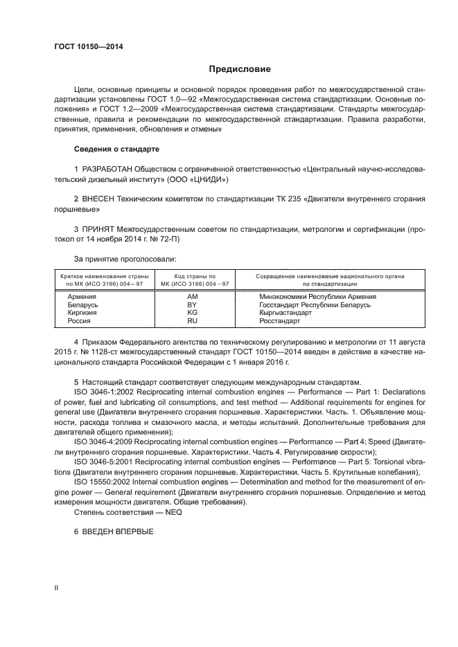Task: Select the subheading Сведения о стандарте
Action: coord(116,149)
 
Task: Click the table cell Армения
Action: coord(82,296)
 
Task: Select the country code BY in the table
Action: coord(193,304)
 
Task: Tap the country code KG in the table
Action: coord(193,313)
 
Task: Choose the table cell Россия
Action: coord(80,321)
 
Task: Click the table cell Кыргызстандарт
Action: coord(285,313)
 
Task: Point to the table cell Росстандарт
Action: coord(280,321)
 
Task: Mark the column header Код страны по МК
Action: coord(193,280)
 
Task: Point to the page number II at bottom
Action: coord(56,587)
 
